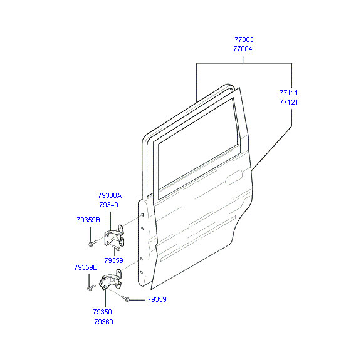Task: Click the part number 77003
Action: pos(244,39)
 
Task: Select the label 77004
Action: pos(243,49)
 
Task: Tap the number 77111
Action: pos(289,93)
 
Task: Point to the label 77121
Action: pos(289,102)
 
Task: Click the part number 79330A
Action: pos(110,195)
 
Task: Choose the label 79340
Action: pos(108,205)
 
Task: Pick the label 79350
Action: pos(102,312)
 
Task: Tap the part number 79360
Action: pos(103,322)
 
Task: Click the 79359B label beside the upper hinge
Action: pos(88,220)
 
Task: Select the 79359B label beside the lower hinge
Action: pos(86,267)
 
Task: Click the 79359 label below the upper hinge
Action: pos(113,260)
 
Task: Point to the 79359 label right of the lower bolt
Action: pos(157,299)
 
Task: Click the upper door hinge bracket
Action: pos(115,237)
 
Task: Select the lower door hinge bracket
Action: pos(110,280)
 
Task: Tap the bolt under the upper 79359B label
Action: pos(93,243)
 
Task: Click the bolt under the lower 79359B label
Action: pos(92,287)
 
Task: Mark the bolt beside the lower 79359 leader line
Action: pos(125,299)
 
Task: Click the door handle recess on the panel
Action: pos(234,177)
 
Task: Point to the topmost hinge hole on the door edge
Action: pos(142,215)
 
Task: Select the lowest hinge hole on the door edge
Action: pos(142,272)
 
